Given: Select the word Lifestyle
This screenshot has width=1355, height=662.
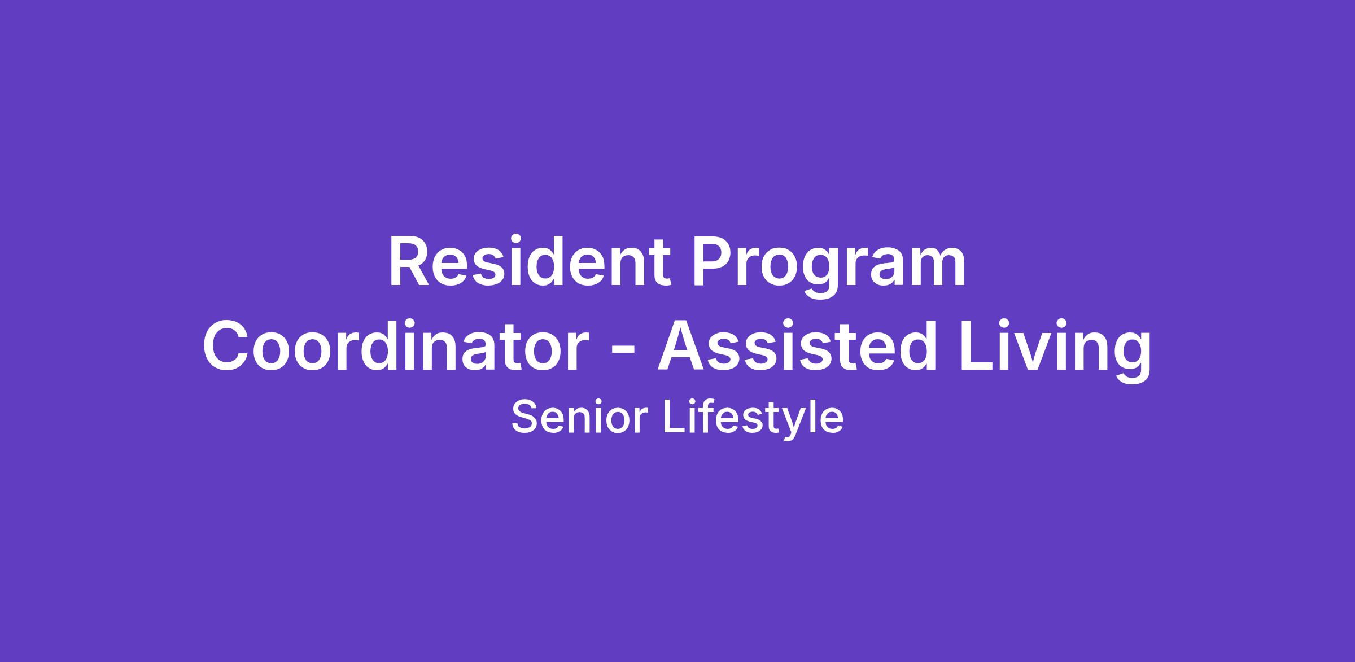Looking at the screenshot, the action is click(754, 419).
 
